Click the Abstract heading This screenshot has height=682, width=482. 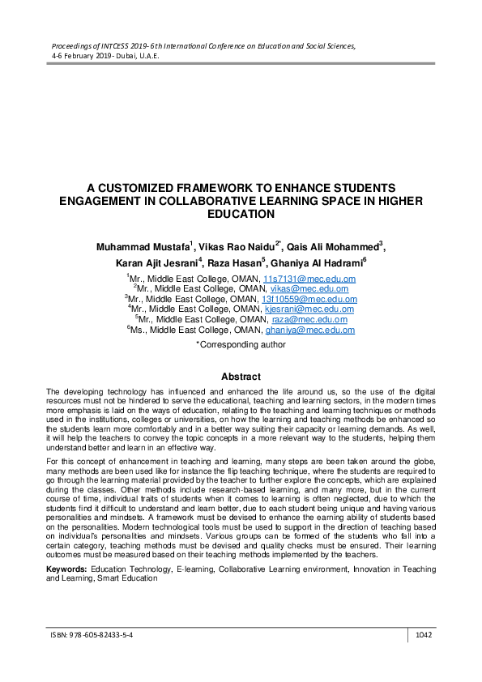(241, 377)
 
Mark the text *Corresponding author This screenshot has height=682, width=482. (241, 344)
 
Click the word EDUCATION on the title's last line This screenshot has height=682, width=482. (241, 215)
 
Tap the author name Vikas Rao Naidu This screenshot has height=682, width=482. (234, 245)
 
